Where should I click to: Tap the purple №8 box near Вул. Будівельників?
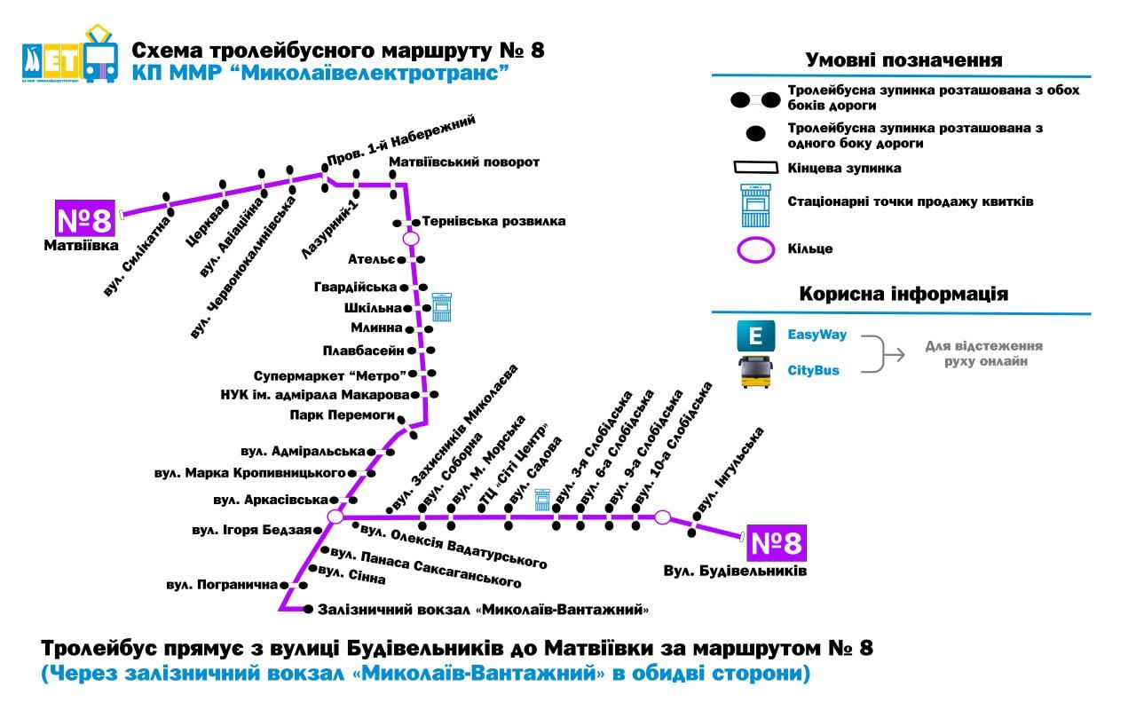pyautogui.click(x=777, y=542)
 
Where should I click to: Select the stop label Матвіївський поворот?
pyautogui.click(x=464, y=162)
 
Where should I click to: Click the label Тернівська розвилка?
pyautogui.click(x=493, y=221)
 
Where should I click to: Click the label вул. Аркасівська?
pyautogui.click(x=272, y=500)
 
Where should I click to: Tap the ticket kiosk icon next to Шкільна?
pyautogui.click(x=442, y=307)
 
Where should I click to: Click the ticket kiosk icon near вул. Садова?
pyautogui.click(x=542, y=500)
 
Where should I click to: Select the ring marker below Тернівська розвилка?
pyautogui.click(x=411, y=238)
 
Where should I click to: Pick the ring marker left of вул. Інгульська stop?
pyautogui.click(x=663, y=517)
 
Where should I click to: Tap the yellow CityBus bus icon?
pyautogui.click(x=756, y=371)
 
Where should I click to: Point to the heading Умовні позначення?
pyautogui.click(x=903, y=60)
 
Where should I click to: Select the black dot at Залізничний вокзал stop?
pyautogui.click(x=308, y=610)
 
